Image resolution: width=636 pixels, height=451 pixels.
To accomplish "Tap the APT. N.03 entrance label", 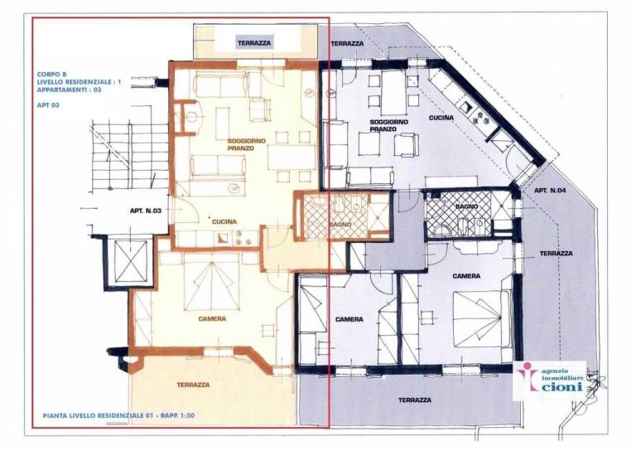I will point(144,211).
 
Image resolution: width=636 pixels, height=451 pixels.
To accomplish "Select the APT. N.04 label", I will point(551,190).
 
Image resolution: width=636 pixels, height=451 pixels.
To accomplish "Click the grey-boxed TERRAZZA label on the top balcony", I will point(254,42).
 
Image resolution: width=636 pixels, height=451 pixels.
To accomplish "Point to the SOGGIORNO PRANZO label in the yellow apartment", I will point(247,145).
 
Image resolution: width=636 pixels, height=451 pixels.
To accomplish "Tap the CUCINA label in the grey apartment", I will point(441,118).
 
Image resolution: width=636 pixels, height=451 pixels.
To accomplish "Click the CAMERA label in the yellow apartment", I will point(213,318).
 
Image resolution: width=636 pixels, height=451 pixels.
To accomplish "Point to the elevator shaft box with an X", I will point(131,262).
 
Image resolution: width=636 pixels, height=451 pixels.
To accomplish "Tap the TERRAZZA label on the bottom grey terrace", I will point(414,400).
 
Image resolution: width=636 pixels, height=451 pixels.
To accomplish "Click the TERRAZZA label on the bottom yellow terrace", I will point(193,385).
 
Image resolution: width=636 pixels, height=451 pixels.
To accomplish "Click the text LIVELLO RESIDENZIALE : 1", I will point(79,82).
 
